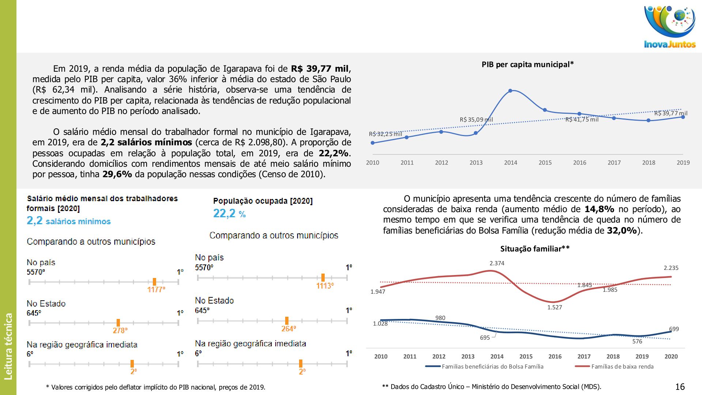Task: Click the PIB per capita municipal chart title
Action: tap(527, 65)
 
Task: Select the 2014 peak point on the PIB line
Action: tap(510, 91)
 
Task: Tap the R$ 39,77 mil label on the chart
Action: tap(671, 113)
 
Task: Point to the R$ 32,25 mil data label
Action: tap(385, 134)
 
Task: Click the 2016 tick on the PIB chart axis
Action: tap(580, 163)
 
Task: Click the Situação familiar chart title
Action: tap(535, 249)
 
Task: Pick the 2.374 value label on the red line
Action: tap(497, 263)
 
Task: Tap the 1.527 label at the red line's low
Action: tap(554, 308)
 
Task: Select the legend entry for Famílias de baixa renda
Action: tap(622, 366)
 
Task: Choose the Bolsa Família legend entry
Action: tap(492, 366)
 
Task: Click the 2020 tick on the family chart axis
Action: tap(671, 357)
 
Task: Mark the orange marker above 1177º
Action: tap(154, 282)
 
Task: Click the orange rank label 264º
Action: tap(288, 329)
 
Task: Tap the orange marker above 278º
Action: tap(118, 323)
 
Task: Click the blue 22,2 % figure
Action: tap(229, 214)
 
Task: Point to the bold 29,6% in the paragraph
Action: tap(117, 174)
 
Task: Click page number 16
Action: tap(680, 387)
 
